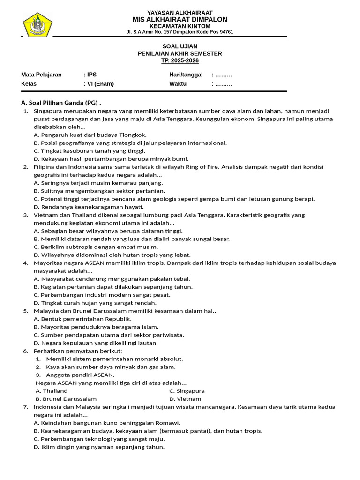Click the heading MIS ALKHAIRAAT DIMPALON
tap(180, 19)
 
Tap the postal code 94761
tap(225, 32)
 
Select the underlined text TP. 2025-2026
tap(180, 61)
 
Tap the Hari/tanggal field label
tap(186, 75)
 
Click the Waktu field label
tap(178, 84)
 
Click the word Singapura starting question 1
tap(49, 111)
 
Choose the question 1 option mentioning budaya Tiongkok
tap(90, 135)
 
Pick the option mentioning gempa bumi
tap(174, 199)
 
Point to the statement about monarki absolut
tap(114, 359)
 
